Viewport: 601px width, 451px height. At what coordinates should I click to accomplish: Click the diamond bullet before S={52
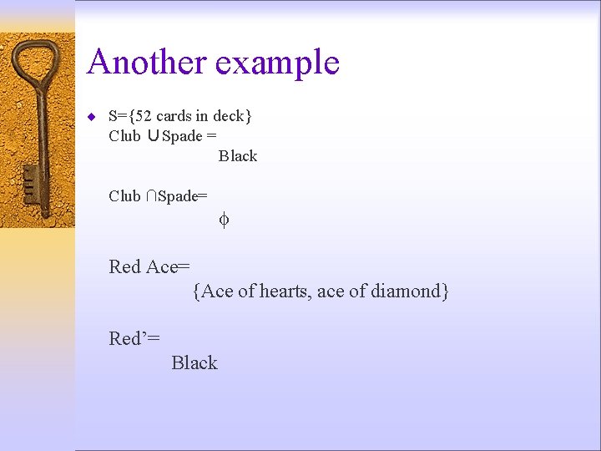[91, 115]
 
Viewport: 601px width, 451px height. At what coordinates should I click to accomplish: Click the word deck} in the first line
[232, 115]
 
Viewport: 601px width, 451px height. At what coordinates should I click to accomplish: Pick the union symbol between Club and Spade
[152, 136]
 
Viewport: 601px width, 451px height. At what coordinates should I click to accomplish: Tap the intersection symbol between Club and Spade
[149, 196]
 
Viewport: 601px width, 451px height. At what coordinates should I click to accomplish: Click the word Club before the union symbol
[124, 136]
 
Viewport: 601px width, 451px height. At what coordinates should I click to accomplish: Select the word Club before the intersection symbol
[124, 196]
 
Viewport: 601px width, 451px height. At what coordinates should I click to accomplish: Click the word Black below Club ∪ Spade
[238, 156]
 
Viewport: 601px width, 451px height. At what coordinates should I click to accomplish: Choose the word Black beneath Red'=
[194, 362]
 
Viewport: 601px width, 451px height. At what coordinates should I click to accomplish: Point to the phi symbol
[224, 220]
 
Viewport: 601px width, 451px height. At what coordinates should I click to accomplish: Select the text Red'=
[134, 338]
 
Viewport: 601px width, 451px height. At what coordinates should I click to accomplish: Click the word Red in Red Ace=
[125, 266]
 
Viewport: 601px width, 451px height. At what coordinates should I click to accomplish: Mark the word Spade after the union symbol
[182, 136]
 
